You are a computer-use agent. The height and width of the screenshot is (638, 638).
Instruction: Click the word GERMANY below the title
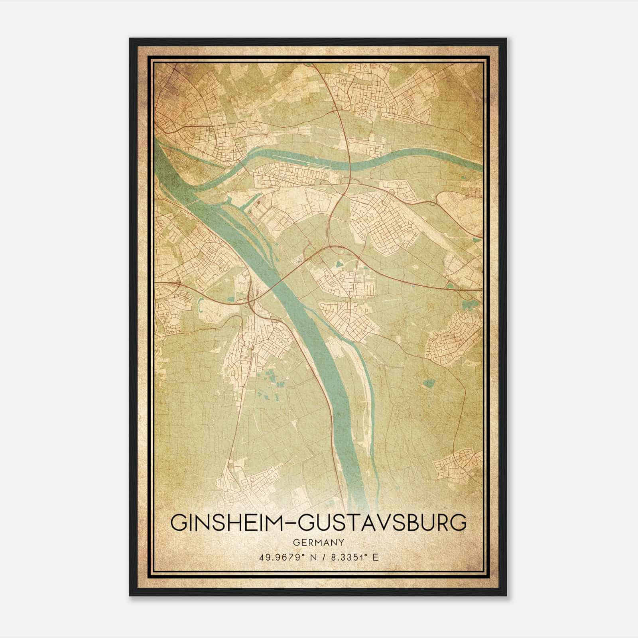pyautogui.click(x=318, y=543)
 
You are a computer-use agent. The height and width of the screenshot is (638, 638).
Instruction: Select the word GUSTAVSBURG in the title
pyautogui.click(x=382, y=523)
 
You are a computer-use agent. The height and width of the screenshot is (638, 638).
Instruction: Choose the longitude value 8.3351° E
pyautogui.click(x=351, y=557)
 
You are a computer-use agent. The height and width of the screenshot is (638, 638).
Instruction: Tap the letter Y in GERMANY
pyautogui.click(x=341, y=543)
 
